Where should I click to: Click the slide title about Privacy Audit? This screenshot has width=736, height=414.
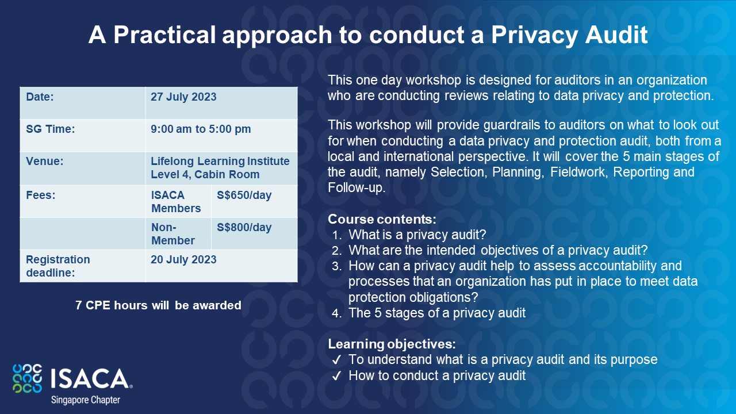pyautogui.click(x=368, y=36)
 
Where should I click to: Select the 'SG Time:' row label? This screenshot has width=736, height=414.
pyautogui.click(x=51, y=129)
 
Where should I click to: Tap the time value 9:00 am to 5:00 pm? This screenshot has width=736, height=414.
pyautogui.click(x=201, y=129)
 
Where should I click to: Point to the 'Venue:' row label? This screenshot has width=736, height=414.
pyautogui.click(x=45, y=162)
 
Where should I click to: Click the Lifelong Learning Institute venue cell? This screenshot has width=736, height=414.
pyautogui.click(x=220, y=168)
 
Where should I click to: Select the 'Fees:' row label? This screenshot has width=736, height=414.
pyautogui.click(x=41, y=195)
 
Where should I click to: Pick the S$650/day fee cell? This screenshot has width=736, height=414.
pyautogui.click(x=244, y=195)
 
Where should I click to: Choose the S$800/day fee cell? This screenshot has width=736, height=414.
pyautogui.click(x=244, y=228)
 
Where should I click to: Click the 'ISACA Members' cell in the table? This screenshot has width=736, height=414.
pyautogui.click(x=176, y=202)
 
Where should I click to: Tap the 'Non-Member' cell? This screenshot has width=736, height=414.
pyautogui.click(x=172, y=234)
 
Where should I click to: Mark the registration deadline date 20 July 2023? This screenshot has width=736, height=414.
pyautogui.click(x=183, y=260)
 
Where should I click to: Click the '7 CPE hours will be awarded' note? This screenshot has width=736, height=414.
pyautogui.click(x=158, y=306)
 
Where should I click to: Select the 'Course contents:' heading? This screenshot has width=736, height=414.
pyautogui.click(x=382, y=220)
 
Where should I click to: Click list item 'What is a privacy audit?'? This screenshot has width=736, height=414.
pyautogui.click(x=417, y=235)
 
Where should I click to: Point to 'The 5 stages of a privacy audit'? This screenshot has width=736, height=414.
pyautogui.click(x=437, y=313)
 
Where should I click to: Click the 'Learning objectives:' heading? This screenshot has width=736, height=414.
pyautogui.click(x=392, y=344)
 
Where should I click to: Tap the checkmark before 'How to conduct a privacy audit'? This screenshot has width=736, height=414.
pyautogui.click(x=336, y=376)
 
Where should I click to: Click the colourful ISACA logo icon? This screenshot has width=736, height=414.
pyautogui.click(x=27, y=378)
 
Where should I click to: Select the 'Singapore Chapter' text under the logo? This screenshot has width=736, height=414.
pyautogui.click(x=86, y=400)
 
